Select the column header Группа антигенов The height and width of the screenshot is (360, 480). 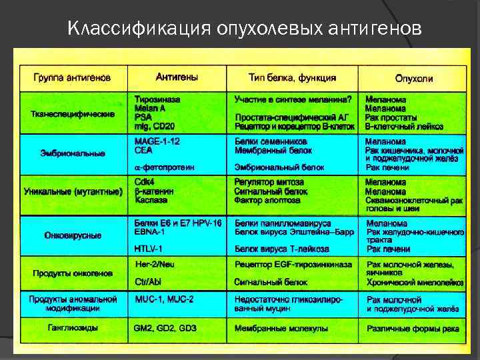click(x=72, y=78)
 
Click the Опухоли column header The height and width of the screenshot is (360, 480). click(x=413, y=79)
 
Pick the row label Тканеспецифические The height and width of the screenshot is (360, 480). click(x=73, y=114)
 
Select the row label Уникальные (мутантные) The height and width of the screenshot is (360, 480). click(x=73, y=192)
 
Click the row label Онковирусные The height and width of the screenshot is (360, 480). click(x=73, y=235)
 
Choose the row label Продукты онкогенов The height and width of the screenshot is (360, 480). click(x=73, y=273)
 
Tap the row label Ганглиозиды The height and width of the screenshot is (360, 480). click(x=73, y=327)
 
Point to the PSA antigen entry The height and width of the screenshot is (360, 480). click(x=143, y=116)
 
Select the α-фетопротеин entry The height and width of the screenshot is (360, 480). click(x=165, y=167)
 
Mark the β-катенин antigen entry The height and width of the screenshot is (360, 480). click(x=155, y=191)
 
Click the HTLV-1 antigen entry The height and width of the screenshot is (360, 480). click(x=149, y=248)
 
